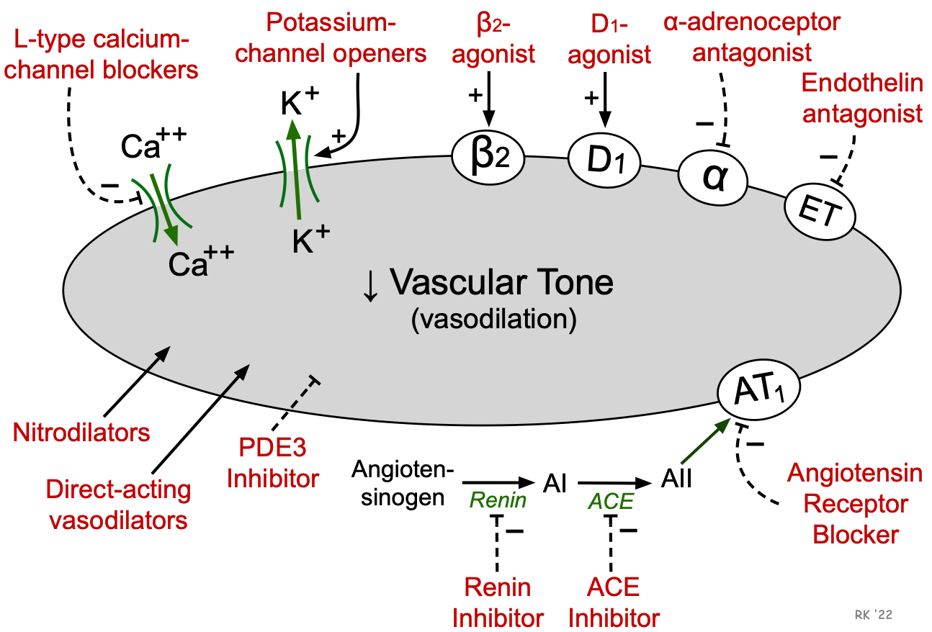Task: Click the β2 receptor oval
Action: [x=490, y=158]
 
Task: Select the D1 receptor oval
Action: [x=604, y=163]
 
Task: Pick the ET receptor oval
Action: [x=819, y=212]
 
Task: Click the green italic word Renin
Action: [x=498, y=500]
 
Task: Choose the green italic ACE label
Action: [x=611, y=501]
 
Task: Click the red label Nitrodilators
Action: [x=81, y=433]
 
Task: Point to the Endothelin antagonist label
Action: [x=862, y=99]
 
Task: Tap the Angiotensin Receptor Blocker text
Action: [x=855, y=503]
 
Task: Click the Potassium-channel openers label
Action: [x=331, y=38]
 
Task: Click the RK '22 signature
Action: [x=872, y=614]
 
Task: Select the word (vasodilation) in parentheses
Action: [x=494, y=320]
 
